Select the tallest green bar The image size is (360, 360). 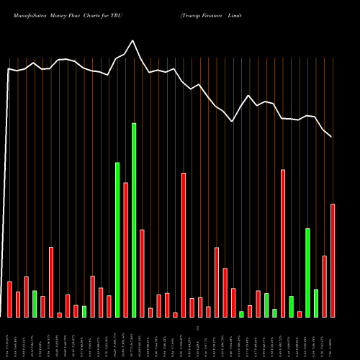pos(134,220)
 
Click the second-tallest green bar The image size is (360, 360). pos(117,240)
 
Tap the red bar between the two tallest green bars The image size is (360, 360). pos(125,250)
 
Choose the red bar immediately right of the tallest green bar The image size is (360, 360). pos(142,274)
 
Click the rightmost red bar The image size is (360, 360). pos(333,261)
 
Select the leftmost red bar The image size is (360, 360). pos(9,299)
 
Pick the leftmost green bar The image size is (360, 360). pos(35,304)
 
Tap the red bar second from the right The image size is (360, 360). pos(325,287)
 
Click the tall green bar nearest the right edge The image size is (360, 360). pos(307,272)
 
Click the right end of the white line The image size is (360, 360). pos(332,137)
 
